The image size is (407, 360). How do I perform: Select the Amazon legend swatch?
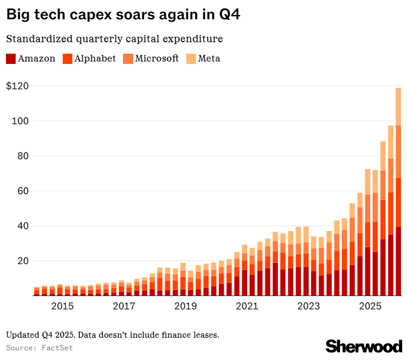[11, 58]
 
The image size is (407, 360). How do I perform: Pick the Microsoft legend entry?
[157, 58]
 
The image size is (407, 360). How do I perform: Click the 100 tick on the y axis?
[20, 121]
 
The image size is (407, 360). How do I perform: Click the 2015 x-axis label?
[63, 306]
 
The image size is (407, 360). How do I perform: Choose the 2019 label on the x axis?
[186, 306]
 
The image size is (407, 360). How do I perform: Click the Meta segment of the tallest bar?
[399, 106]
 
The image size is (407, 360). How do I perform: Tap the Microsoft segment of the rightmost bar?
[399, 151]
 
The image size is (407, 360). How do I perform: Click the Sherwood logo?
[364, 346]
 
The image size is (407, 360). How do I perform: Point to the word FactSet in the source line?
[54, 348]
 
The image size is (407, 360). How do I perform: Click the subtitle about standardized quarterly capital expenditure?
[115, 39]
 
